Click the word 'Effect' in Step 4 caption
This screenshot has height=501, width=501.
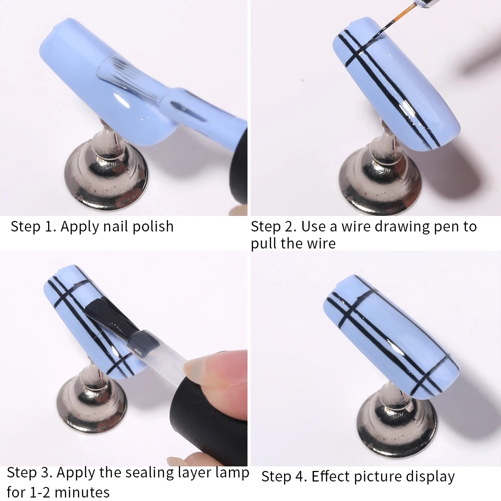tap(331, 476)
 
